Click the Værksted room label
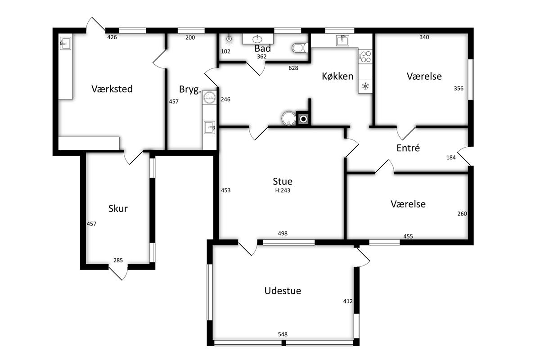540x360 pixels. tap(112, 89)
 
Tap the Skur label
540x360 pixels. tap(118, 208)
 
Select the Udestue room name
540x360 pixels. tap(283, 291)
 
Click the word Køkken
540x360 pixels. tap(337, 76)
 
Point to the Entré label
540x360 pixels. tap(408, 148)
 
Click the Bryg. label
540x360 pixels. tap(190, 90)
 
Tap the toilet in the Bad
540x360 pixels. tap(300, 48)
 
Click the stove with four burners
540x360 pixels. tap(365, 57)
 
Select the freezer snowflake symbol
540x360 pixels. tap(365, 86)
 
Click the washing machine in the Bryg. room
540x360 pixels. tap(209, 97)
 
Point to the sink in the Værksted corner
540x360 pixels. tap(65, 43)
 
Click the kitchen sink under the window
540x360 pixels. tap(342, 40)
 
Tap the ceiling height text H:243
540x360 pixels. tap(283, 190)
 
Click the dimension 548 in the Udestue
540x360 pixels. tap(283, 334)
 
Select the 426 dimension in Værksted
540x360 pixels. tap(112, 37)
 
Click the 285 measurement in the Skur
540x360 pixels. tap(118, 260)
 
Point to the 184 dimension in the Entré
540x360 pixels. tap(451, 157)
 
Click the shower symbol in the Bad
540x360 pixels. tap(229, 40)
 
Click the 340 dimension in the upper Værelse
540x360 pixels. tap(424, 37)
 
